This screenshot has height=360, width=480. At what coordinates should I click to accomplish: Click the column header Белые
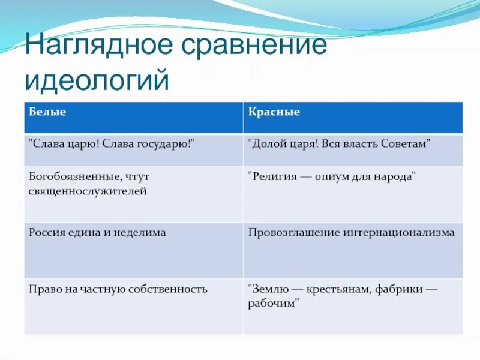pyautogui.click(x=47, y=112)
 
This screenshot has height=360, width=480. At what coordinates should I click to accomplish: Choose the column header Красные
pyautogui.click(x=274, y=112)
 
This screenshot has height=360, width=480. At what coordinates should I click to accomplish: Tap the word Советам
pyautogui.click(x=404, y=145)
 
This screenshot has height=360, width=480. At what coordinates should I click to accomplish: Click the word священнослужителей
pyautogui.click(x=88, y=191)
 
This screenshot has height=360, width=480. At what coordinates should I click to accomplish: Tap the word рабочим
pyautogui.click(x=273, y=303)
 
